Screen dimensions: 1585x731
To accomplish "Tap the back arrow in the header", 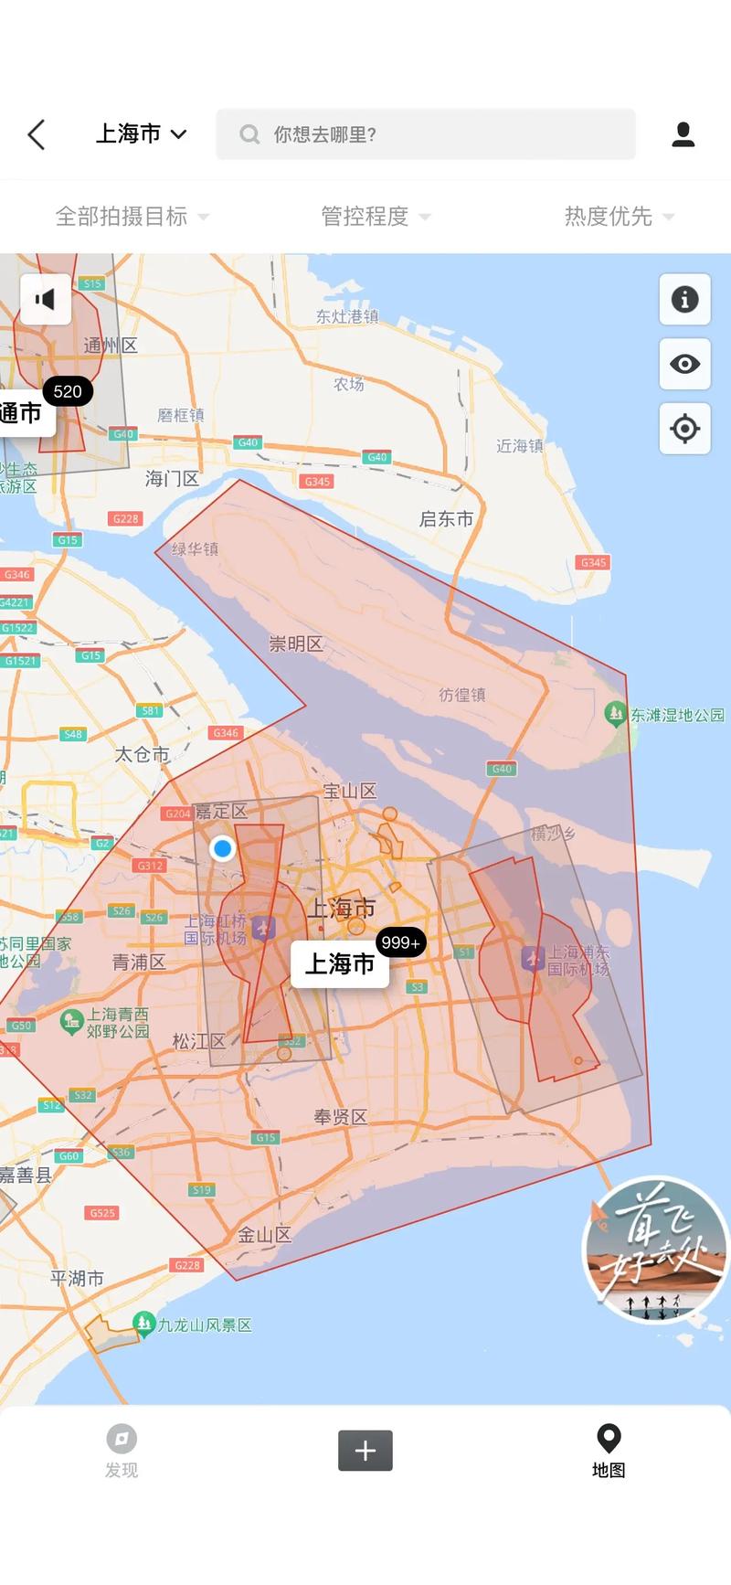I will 37,134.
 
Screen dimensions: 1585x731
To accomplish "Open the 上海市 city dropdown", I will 142,134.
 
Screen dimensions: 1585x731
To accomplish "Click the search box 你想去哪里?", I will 425,134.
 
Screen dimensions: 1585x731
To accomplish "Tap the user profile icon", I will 683,134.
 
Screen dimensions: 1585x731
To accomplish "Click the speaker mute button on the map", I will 45,299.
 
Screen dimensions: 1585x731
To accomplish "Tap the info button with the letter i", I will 684,299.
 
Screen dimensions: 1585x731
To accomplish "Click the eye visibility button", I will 684,364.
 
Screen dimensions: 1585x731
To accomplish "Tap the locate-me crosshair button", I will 684,428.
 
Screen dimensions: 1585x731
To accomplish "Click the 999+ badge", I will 400,942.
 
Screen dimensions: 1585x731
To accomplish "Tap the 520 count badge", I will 68,392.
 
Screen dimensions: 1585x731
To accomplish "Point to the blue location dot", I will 222,848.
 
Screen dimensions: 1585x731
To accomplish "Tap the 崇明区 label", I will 295,644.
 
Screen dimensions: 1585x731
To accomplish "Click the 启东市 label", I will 446,519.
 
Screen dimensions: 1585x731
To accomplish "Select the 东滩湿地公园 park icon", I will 616,713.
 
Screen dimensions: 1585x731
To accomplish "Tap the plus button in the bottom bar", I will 365,1450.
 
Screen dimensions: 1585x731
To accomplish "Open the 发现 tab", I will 121,1450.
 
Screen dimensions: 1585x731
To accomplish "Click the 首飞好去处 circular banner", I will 654,1249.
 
